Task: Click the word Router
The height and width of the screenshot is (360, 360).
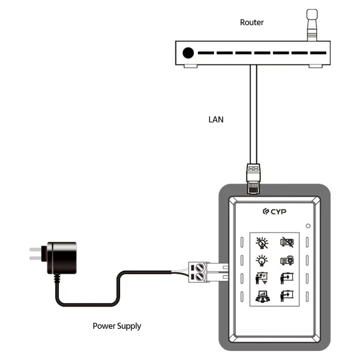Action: [x=252, y=22]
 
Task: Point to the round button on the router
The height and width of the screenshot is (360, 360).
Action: [x=188, y=53]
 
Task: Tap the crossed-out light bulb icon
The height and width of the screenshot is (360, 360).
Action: [x=262, y=243]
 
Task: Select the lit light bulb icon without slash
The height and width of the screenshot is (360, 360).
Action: [x=262, y=261]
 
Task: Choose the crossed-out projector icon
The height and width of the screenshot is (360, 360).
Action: [x=286, y=243]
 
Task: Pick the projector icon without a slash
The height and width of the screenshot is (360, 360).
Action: [x=286, y=261]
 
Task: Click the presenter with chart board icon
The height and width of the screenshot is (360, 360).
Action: [x=262, y=278]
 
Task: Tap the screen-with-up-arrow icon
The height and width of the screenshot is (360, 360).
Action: [x=286, y=278]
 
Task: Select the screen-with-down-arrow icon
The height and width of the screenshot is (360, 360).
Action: [x=286, y=296]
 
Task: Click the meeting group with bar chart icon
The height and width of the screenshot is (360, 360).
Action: [x=262, y=296]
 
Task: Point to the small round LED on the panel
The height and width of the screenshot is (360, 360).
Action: [x=307, y=226]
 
